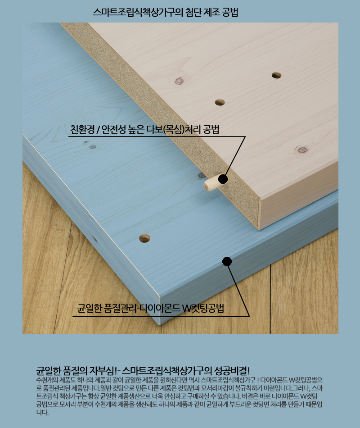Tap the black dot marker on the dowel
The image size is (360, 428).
(x=223, y=179)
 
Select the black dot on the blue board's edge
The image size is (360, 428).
(x=227, y=261)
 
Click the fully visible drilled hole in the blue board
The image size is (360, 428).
(x=144, y=238)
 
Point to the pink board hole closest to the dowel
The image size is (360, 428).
(x=220, y=102)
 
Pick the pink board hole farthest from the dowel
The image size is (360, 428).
(x=276, y=75)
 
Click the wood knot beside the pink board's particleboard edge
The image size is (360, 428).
(x=179, y=81)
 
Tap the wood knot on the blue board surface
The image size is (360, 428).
(x=93, y=147)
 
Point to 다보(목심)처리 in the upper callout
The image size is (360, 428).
(x=174, y=129)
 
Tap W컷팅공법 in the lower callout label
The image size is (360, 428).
(x=203, y=309)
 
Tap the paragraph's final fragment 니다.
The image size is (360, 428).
(x=42, y=412)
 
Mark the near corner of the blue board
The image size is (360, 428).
(x=159, y=324)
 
